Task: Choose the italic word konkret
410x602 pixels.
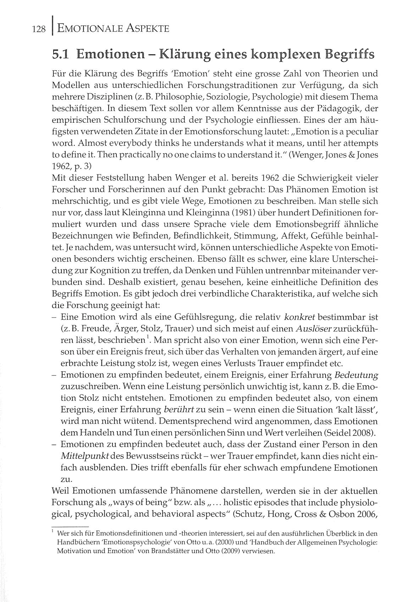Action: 300,317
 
